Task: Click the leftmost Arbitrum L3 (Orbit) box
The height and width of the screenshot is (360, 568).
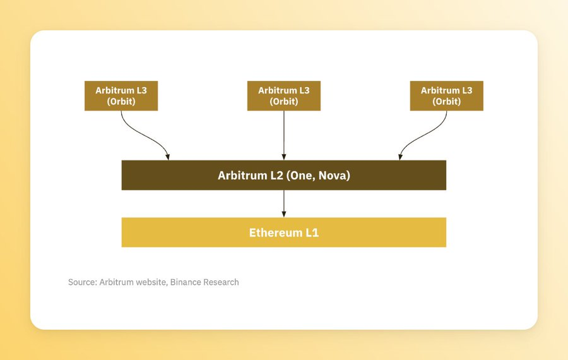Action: click(x=121, y=96)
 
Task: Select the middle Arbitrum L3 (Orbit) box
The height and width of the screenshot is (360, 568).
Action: click(x=283, y=96)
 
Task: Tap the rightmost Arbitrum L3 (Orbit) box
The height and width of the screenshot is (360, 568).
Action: click(x=446, y=96)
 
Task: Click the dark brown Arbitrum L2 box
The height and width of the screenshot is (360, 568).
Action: click(x=283, y=175)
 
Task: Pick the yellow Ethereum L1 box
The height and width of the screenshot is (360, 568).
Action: click(x=283, y=232)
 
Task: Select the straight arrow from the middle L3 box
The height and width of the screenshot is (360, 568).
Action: click(x=283, y=135)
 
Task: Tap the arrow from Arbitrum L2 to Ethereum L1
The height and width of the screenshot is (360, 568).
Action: click(x=283, y=204)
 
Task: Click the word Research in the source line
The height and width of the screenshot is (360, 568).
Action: click(x=221, y=282)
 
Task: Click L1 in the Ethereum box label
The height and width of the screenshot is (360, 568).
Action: click(x=312, y=232)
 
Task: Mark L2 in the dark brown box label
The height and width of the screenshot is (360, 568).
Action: click(x=277, y=176)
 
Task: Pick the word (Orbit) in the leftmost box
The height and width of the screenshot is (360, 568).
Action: click(x=121, y=102)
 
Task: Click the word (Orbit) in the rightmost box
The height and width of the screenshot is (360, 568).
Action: click(x=446, y=102)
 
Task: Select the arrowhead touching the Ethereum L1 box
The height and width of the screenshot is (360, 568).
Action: click(x=283, y=215)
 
